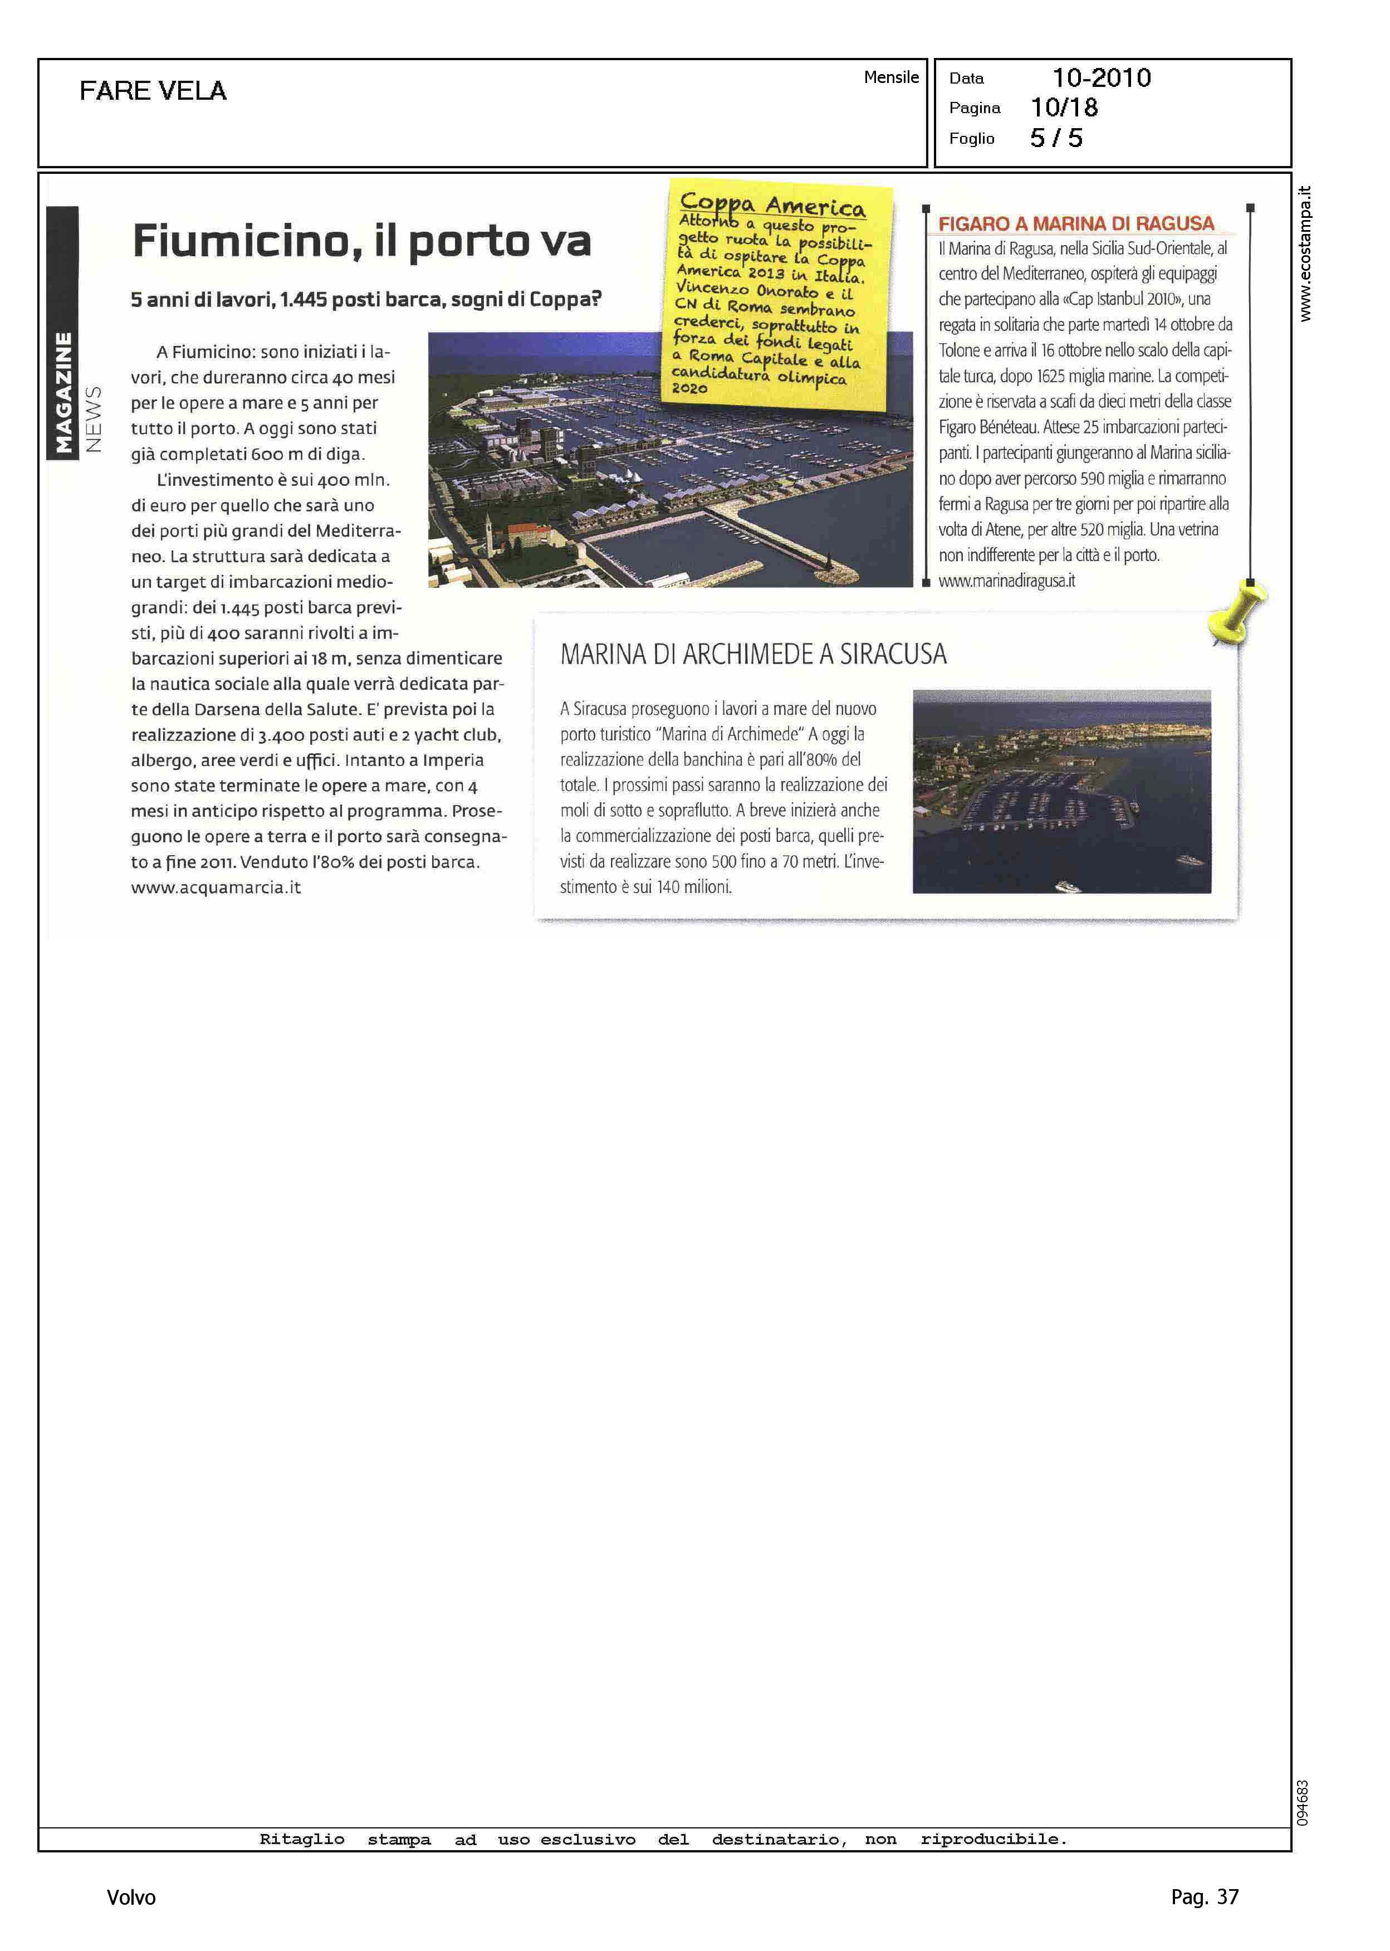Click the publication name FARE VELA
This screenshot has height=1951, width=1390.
click(153, 91)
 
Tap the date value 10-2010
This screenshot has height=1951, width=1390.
click(1101, 78)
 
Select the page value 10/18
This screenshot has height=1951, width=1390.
click(1064, 108)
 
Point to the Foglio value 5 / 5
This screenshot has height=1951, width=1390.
click(1056, 139)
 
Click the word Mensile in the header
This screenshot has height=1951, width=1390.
click(891, 77)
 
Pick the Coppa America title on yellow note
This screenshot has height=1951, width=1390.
click(772, 206)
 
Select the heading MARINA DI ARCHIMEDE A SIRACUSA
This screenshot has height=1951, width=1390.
click(753, 655)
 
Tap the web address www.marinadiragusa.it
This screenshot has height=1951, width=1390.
click(1006, 581)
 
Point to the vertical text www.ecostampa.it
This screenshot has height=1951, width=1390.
click(1304, 253)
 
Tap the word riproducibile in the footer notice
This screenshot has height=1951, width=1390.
click(993, 1839)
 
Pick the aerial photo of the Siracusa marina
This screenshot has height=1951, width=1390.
click(1061, 791)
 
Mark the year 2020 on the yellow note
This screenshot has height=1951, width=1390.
click(690, 388)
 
